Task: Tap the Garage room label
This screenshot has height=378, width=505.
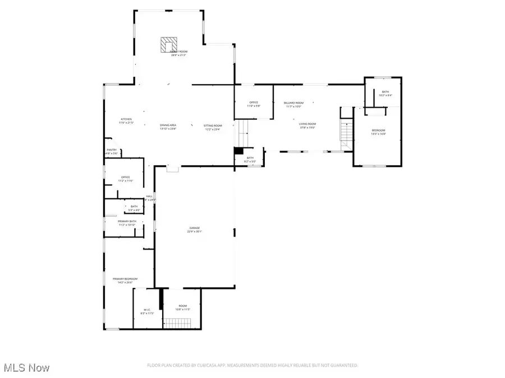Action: click(x=195, y=228)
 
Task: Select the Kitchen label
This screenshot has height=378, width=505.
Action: click(x=126, y=119)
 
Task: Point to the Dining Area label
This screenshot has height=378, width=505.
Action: click(x=168, y=125)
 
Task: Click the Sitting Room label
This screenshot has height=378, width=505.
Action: click(x=213, y=125)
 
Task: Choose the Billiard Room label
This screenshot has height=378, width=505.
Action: click(x=293, y=103)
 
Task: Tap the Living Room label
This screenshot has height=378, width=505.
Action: click(x=307, y=124)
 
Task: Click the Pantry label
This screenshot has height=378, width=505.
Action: click(x=112, y=150)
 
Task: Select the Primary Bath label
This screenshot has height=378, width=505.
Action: click(x=127, y=221)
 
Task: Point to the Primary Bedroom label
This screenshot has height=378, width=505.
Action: click(x=125, y=279)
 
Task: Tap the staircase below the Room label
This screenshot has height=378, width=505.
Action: click(x=177, y=323)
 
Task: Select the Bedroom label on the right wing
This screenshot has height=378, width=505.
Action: click(x=378, y=130)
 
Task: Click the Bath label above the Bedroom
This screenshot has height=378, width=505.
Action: click(x=385, y=92)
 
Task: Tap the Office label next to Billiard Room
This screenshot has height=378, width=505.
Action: click(x=254, y=102)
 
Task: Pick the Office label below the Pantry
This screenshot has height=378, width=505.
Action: click(x=125, y=178)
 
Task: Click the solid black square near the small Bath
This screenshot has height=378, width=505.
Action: click(x=238, y=151)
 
